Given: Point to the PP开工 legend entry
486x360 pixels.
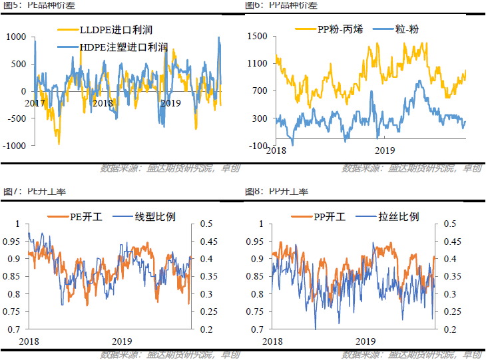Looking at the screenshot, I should (331, 216).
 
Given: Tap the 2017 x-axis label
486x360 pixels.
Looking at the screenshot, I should (35, 103).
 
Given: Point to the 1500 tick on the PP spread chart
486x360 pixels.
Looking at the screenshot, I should (257, 37).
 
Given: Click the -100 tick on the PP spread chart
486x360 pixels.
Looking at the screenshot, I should (258, 145).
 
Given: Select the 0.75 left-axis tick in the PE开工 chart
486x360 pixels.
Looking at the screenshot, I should (11, 311).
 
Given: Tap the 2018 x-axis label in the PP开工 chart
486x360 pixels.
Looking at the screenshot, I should (275, 341).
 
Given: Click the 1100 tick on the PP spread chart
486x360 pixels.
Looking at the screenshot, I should (257, 64).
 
